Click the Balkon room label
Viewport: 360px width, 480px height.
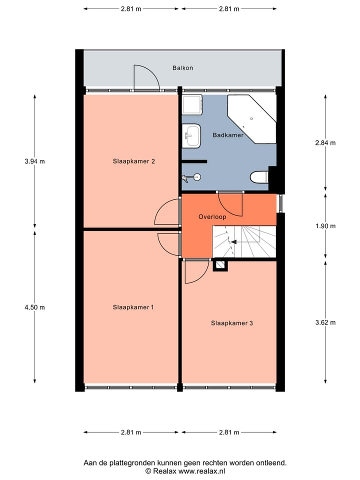pyautogui.click(x=182, y=68)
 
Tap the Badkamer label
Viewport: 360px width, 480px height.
pyautogui.click(x=228, y=135)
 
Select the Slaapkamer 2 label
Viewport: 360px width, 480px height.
pyautogui.click(x=133, y=161)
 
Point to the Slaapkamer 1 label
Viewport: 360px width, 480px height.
pyautogui.click(x=133, y=307)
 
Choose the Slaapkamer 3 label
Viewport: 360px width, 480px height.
pyautogui.click(x=231, y=323)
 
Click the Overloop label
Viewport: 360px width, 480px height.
pyautogui.click(x=212, y=217)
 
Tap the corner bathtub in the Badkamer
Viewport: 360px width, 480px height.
pyautogui.click(x=252, y=119)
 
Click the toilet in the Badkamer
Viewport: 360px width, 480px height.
pyautogui.click(x=259, y=176)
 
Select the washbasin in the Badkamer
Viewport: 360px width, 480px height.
pyautogui.click(x=191, y=135)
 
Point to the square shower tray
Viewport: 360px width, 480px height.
pyautogui.click(x=192, y=105)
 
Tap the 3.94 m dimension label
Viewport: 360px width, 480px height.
pyautogui.click(x=34, y=161)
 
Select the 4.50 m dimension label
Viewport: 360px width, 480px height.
pyautogui.click(x=34, y=307)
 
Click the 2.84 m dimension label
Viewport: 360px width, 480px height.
pyautogui.click(x=325, y=142)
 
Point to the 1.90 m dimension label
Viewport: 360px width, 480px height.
pyautogui.click(x=325, y=226)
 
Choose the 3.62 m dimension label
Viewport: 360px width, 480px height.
pyautogui.click(x=325, y=322)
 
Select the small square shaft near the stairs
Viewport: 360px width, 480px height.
pyautogui.click(x=220, y=265)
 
